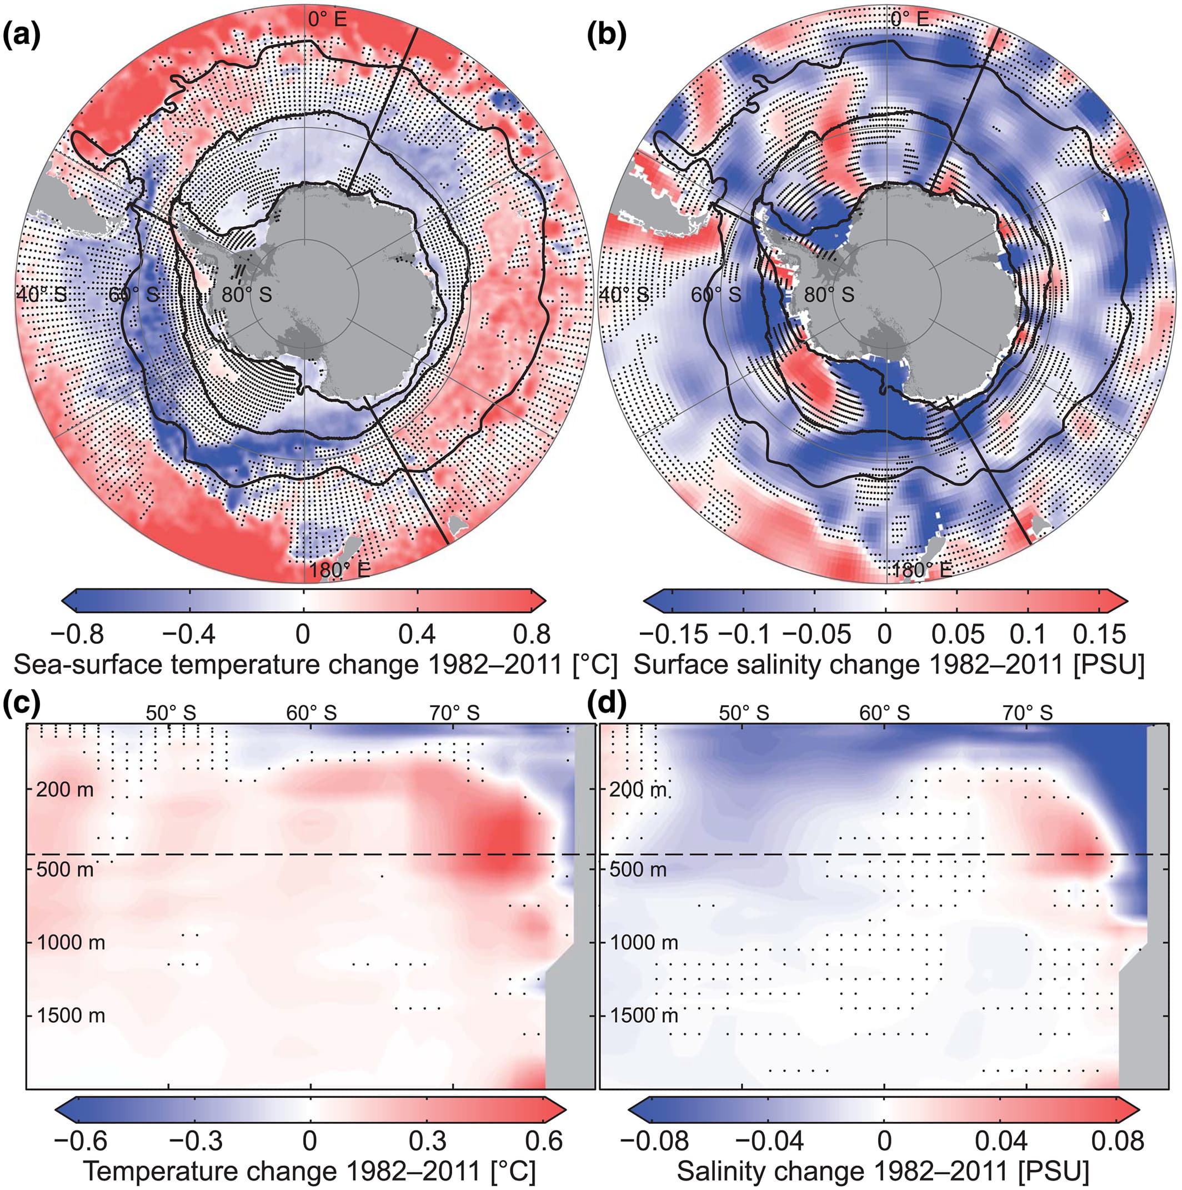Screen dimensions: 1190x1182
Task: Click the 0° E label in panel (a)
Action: tap(327, 19)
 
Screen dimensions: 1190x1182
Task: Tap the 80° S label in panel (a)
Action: tap(247, 295)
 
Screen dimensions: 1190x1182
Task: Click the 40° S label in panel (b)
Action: tap(624, 295)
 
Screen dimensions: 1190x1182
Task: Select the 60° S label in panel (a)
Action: tap(134, 295)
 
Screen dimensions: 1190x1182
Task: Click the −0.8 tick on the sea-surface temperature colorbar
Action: tap(77, 634)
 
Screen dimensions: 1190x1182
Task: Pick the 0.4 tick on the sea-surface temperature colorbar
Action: tap(418, 634)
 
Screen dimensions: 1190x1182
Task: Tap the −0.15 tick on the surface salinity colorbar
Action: tap(673, 634)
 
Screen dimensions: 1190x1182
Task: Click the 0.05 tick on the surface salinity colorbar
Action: tap(957, 634)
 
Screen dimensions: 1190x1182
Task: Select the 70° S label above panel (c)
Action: tap(454, 713)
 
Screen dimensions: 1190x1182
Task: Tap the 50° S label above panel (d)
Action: tap(743, 713)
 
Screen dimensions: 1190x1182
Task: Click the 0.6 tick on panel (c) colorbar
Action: tap(544, 1141)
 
